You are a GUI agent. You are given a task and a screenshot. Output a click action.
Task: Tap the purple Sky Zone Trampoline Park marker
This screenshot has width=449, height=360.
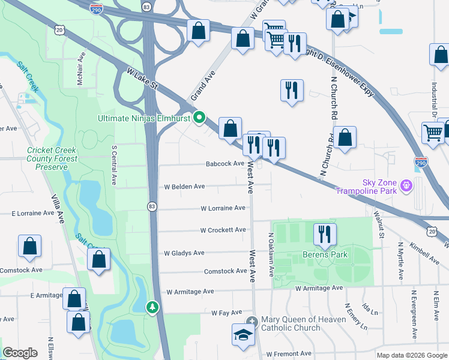(406, 187)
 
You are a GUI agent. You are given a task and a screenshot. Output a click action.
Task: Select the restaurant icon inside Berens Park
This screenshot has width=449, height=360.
(325, 235)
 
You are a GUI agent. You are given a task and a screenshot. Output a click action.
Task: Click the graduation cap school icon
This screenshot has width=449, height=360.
(244, 335)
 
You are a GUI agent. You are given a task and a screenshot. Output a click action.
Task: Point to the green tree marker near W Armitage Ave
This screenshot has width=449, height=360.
(153, 307)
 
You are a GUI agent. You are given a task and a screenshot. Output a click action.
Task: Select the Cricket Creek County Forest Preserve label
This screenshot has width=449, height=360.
(52, 158)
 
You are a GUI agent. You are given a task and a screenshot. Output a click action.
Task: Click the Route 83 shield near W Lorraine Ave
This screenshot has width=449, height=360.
(152, 206)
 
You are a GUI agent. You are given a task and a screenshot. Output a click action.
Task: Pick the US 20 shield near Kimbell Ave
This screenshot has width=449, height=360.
(432, 231)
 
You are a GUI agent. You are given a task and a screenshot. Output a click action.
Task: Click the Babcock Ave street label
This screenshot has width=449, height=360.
(225, 163)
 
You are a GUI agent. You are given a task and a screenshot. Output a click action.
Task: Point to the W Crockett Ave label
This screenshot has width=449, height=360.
(223, 230)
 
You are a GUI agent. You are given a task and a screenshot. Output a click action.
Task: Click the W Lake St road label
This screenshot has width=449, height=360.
(142, 78)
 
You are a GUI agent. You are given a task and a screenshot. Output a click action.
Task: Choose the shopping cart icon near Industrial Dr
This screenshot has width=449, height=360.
(433, 133)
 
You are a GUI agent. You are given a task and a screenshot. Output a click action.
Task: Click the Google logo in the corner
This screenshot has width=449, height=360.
(20, 353)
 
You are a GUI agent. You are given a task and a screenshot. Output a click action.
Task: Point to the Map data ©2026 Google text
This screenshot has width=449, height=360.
(411, 355)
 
